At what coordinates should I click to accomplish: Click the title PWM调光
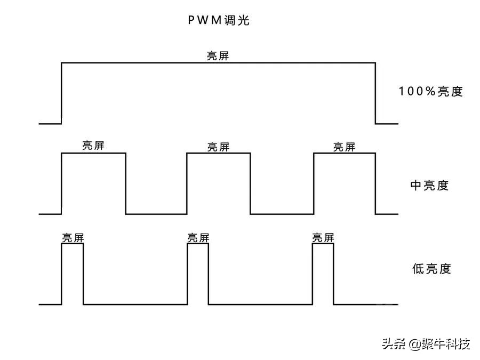click(x=219, y=21)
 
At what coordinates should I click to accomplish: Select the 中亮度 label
click(x=429, y=186)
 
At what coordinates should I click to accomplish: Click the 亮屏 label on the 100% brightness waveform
click(x=218, y=55)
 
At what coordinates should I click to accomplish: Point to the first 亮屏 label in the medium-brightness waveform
click(x=93, y=146)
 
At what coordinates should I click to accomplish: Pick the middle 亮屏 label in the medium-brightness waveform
click(x=218, y=146)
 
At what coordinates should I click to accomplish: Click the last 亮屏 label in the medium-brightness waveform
click(x=344, y=146)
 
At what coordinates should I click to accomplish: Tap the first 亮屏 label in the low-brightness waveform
click(x=73, y=238)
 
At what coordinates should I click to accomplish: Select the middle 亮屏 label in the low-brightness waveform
click(x=198, y=238)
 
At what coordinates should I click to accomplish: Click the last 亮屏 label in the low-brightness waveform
click(x=323, y=238)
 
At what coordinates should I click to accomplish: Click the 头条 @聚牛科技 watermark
click(x=426, y=343)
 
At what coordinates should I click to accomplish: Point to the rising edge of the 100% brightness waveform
click(x=62, y=93)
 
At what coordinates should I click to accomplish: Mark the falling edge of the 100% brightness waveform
click(x=375, y=93)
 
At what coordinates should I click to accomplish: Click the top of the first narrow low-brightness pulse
click(x=73, y=244)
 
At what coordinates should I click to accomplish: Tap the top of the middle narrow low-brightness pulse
click(x=198, y=244)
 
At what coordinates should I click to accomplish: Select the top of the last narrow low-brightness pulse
click(x=323, y=244)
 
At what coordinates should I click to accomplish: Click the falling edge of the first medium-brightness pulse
click(x=126, y=183)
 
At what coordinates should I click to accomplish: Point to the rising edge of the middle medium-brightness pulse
click(x=187, y=183)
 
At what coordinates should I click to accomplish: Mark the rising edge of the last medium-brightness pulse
click(x=314, y=183)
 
